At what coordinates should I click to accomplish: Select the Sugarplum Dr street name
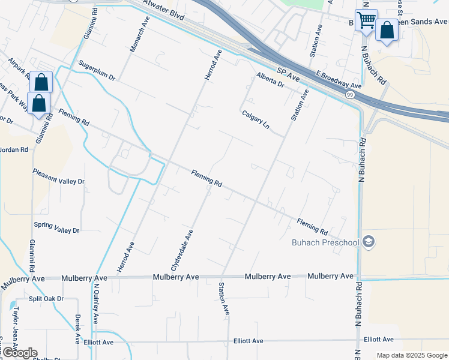96,70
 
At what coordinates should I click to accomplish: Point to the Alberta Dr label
270,80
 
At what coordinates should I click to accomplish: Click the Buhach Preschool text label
325,242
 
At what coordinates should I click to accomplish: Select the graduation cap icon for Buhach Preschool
369,242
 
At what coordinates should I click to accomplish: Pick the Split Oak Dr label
46,299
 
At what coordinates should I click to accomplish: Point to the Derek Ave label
78,328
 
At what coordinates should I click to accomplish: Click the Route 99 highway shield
351,95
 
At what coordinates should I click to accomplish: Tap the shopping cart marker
366,20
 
